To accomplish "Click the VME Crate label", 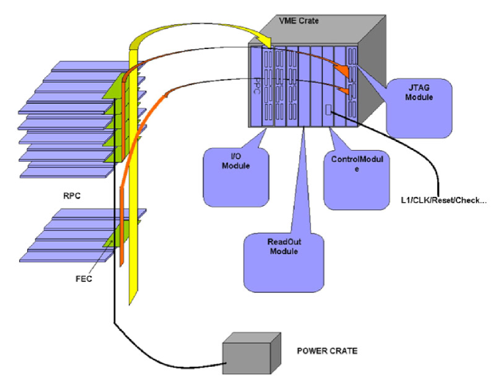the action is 298,21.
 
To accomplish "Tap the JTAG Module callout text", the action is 419,92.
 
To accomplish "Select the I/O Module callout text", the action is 236,161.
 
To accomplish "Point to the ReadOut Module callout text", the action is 284,247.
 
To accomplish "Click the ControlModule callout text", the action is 357,164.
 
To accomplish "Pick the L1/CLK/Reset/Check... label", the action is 444,200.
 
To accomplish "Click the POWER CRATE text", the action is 327,351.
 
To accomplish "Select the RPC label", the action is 72,195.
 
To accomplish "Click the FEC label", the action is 84,279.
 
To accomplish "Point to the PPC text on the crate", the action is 257,86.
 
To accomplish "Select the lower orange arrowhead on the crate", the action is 345,90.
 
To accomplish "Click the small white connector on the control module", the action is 329,110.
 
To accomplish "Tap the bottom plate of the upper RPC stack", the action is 66,173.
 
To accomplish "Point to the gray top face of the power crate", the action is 252,338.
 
